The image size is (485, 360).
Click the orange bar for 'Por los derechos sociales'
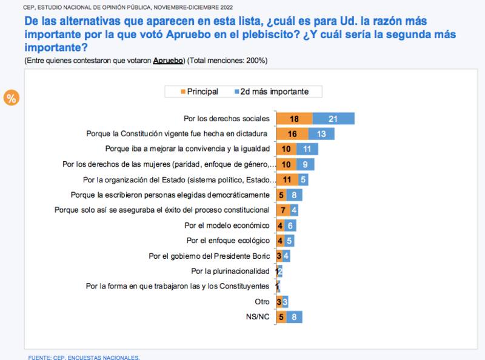point(294,119)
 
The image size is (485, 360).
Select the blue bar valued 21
point(333,119)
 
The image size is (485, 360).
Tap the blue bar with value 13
point(321,134)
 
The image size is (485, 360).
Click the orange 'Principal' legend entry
point(198,92)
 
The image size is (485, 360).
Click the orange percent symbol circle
point(11,98)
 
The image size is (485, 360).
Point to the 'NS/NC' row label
point(258,316)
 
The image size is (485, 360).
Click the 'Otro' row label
point(262,301)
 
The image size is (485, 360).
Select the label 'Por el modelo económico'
point(227,225)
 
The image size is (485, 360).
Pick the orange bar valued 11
point(287,179)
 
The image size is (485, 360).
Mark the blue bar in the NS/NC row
point(294,316)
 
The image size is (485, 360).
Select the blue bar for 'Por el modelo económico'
point(290,225)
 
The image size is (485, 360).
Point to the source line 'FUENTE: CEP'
point(84,357)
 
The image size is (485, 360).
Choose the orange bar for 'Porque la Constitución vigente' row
point(292,134)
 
